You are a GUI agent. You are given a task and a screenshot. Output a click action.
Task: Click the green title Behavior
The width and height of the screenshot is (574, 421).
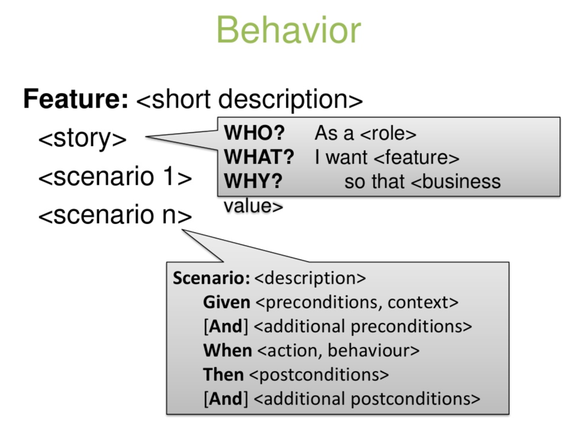[x=289, y=30]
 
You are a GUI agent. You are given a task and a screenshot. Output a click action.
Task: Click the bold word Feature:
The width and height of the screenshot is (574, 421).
[x=76, y=99]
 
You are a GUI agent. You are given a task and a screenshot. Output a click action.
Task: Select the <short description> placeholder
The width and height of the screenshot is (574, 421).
[x=249, y=100]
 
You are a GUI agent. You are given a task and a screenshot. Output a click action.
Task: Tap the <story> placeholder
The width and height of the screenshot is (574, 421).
[x=82, y=138]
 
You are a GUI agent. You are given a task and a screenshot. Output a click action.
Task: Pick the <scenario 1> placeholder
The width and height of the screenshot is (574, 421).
[x=115, y=176]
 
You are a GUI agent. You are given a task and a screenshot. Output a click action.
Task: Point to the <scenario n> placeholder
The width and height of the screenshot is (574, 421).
[x=115, y=215]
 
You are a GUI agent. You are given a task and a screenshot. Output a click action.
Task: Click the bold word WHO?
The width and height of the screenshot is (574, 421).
[x=254, y=133]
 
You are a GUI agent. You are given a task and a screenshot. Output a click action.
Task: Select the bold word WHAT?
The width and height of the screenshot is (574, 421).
[x=259, y=157]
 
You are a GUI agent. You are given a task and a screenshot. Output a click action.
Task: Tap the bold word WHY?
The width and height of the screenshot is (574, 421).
[x=253, y=181]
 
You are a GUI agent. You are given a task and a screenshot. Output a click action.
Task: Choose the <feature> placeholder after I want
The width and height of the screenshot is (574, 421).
[x=416, y=158]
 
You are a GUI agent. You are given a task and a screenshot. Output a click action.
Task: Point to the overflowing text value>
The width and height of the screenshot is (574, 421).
[x=253, y=206]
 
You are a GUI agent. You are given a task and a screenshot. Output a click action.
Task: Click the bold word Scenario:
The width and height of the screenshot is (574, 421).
[x=211, y=278]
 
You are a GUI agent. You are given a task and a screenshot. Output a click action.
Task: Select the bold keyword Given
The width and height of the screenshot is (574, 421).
[x=226, y=302]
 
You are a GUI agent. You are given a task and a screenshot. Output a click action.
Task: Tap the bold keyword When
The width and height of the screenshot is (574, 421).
[x=228, y=350]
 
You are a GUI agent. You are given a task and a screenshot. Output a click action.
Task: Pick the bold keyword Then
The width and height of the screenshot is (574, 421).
[x=223, y=375]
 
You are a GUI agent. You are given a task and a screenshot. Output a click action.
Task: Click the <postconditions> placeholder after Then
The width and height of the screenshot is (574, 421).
[x=319, y=375]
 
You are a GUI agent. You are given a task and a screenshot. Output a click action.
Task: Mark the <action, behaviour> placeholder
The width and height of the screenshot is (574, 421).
[x=338, y=351]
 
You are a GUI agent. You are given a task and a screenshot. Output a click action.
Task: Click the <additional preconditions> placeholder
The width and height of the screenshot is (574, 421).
[x=363, y=327]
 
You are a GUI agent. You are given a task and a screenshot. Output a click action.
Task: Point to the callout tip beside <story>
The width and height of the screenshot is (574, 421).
[x=146, y=137]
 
